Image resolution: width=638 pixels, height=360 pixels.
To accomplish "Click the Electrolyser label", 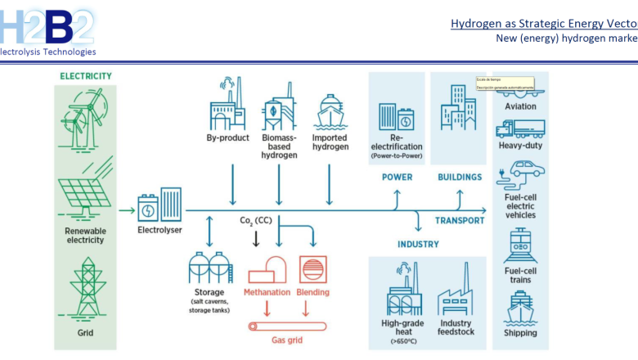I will click(159, 231).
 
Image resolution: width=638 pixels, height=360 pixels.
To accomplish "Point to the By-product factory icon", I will click(227, 103).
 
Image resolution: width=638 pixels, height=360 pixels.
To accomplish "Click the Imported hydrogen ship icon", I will click(330, 110).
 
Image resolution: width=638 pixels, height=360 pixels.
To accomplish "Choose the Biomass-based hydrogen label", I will click(279, 146).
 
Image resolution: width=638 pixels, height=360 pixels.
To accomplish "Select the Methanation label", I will click(267, 292).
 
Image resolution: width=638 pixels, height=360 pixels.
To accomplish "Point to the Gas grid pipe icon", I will click(288, 326).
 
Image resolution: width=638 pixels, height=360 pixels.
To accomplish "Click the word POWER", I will click(397, 177).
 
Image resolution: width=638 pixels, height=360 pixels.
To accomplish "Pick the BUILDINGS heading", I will click(460, 177).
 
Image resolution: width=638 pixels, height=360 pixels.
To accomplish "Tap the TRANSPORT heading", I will click(459, 221).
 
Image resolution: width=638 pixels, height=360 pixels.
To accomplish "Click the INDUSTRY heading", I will click(418, 244).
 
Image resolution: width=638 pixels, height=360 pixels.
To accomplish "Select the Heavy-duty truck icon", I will click(520, 128).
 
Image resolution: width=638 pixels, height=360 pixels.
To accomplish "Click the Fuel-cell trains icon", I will click(520, 245).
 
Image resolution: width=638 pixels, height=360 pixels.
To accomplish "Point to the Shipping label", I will click(520, 333).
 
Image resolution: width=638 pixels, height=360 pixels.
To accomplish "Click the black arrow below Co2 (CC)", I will click(256, 238).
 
